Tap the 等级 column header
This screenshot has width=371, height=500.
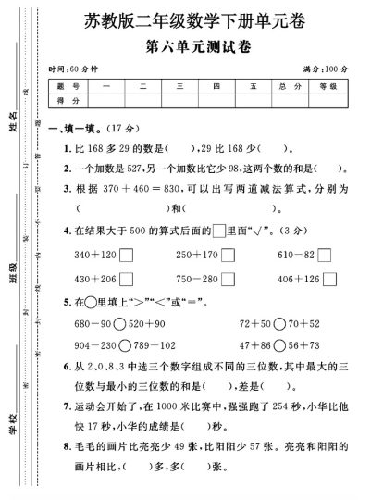(x=327, y=86)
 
